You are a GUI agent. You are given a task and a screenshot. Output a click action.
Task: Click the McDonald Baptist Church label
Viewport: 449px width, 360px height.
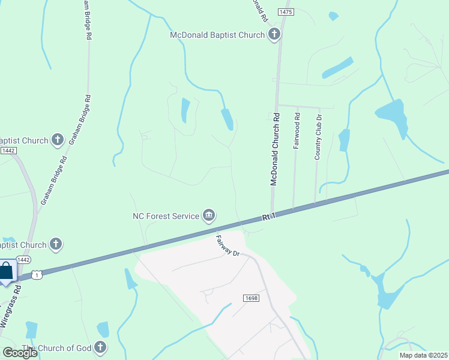tap(217, 35)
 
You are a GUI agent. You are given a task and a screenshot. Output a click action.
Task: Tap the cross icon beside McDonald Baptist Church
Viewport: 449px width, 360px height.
tap(274, 34)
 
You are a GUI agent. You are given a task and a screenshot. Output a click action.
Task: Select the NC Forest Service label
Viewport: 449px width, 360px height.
tap(166, 216)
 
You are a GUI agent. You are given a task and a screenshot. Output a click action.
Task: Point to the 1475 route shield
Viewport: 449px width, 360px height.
tap(285, 12)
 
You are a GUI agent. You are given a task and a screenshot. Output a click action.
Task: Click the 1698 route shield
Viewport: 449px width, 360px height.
tap(251, 298)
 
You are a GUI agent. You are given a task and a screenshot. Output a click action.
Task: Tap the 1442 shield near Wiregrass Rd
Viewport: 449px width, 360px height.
tap(23, 260)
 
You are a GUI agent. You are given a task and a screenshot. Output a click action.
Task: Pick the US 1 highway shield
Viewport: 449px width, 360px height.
tap(37, 275)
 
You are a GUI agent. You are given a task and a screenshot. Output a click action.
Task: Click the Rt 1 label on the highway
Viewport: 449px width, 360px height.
tap(268, 217)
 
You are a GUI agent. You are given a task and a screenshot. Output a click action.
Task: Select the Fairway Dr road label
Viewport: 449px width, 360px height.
tap(228, 245)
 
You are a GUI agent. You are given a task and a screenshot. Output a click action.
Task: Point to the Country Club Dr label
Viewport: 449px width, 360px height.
tap(318, 137)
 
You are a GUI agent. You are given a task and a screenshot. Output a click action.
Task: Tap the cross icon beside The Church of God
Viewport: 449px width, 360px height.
tap(100, 347)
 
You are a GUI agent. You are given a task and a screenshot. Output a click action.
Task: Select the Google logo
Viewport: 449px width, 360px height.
tap(19, 352)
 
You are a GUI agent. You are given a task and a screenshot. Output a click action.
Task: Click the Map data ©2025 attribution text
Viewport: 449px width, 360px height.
tap(423, 355)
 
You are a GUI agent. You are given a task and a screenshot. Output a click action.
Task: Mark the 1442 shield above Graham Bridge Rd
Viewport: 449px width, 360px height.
tap(8, 151)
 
